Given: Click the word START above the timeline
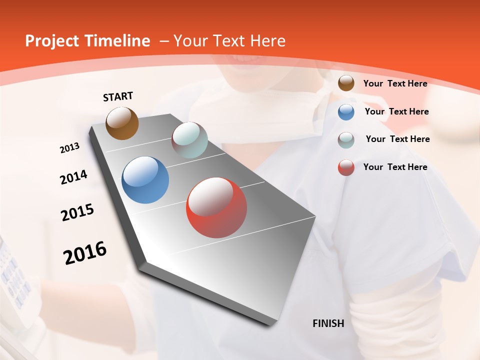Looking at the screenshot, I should click(x=118, y=96).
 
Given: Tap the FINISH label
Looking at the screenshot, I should click(x=328, y=323).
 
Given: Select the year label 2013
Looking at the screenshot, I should click(x=69, y=148).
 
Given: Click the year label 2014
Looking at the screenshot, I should click(x=73, y=177).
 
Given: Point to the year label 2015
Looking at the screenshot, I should click(x=77, y=212).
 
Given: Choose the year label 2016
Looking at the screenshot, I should click(x=85, y=253).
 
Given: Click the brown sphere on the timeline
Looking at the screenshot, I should click(x=122, y=123).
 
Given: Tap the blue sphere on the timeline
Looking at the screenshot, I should click(x=145, y=180).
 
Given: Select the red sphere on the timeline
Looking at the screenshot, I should click(x=216, y=207).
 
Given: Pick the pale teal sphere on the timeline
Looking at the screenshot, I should click(x=189, y=140).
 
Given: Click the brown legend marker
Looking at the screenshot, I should click(x=346, y=83).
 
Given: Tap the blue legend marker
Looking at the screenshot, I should click(x=346, y=112).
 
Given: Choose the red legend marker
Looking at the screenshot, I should click(x=346, y=167).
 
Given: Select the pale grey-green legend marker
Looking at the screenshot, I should click(x=346, y=140).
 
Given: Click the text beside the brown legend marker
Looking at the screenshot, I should click(x=395, y=83).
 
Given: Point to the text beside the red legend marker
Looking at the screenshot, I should click(x=395, y=167).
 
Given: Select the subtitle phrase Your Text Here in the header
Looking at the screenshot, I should click(x=229, y=41).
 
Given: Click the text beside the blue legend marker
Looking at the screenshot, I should click(x=397, y=111).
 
